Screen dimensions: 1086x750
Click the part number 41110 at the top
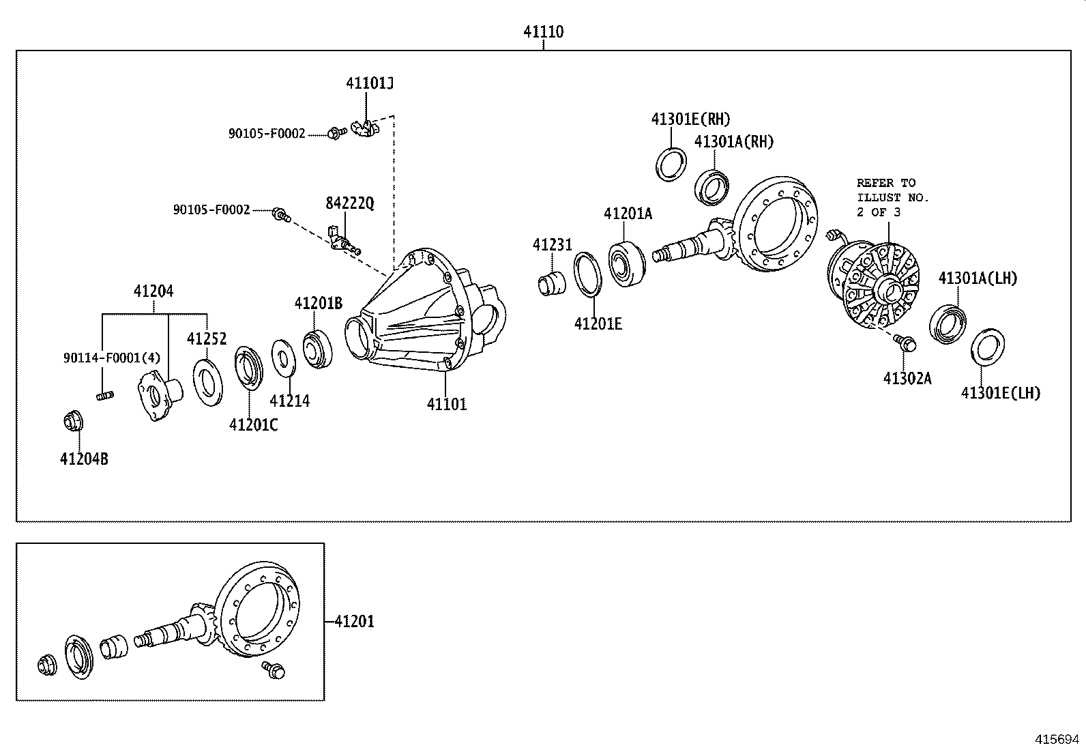click(544, 31)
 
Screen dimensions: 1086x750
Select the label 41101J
click(370, 83)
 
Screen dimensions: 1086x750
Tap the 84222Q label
click(350, 203)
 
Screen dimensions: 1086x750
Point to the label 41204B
click(84, 459)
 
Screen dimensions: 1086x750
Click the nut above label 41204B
click(73, 420)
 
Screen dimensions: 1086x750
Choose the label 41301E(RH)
click(690, 119)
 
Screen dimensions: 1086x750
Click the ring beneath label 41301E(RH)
click(671, 165)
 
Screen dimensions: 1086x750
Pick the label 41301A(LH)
click(978, 278)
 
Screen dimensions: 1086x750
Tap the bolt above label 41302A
click(905, 343)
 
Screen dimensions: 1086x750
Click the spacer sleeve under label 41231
click(552, 284)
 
